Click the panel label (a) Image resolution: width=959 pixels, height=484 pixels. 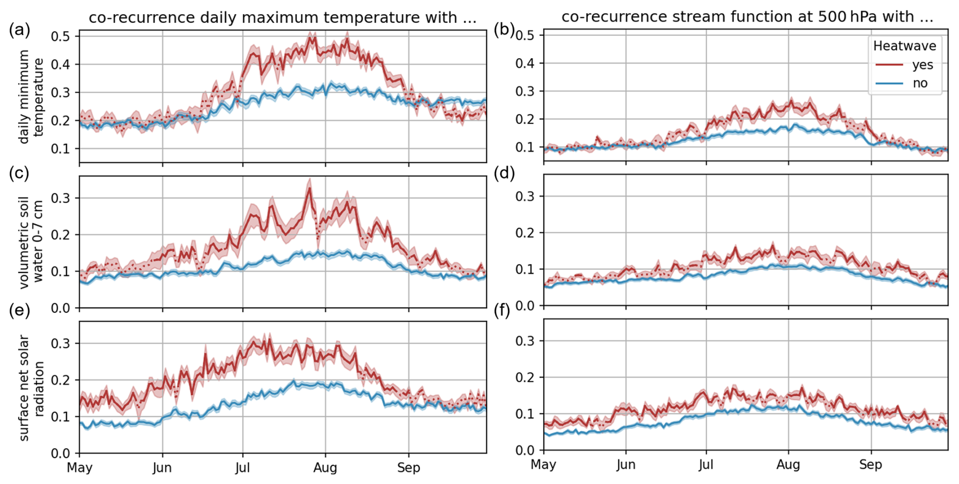coord(19,30)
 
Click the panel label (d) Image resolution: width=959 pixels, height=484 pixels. coord(504,174)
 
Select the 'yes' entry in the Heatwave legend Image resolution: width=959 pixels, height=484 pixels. coord(923,65)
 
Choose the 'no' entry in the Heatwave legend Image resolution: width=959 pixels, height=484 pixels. coord(920,83)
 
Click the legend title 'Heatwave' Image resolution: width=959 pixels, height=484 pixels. coord(904,46)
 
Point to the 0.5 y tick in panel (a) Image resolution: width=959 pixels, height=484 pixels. coord(63,36)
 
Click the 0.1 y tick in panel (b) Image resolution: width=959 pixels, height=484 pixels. coord(526,147)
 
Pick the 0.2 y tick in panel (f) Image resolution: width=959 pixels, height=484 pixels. coord(526,378)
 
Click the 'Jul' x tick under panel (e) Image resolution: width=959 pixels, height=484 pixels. coord(242,468)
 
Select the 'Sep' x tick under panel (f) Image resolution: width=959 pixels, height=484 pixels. coord(871,465)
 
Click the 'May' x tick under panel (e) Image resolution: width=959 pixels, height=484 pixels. coord(80,468)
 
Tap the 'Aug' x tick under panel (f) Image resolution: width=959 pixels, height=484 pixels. coord(788,465)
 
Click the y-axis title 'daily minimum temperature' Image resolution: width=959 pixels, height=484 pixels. coord(31,97)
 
